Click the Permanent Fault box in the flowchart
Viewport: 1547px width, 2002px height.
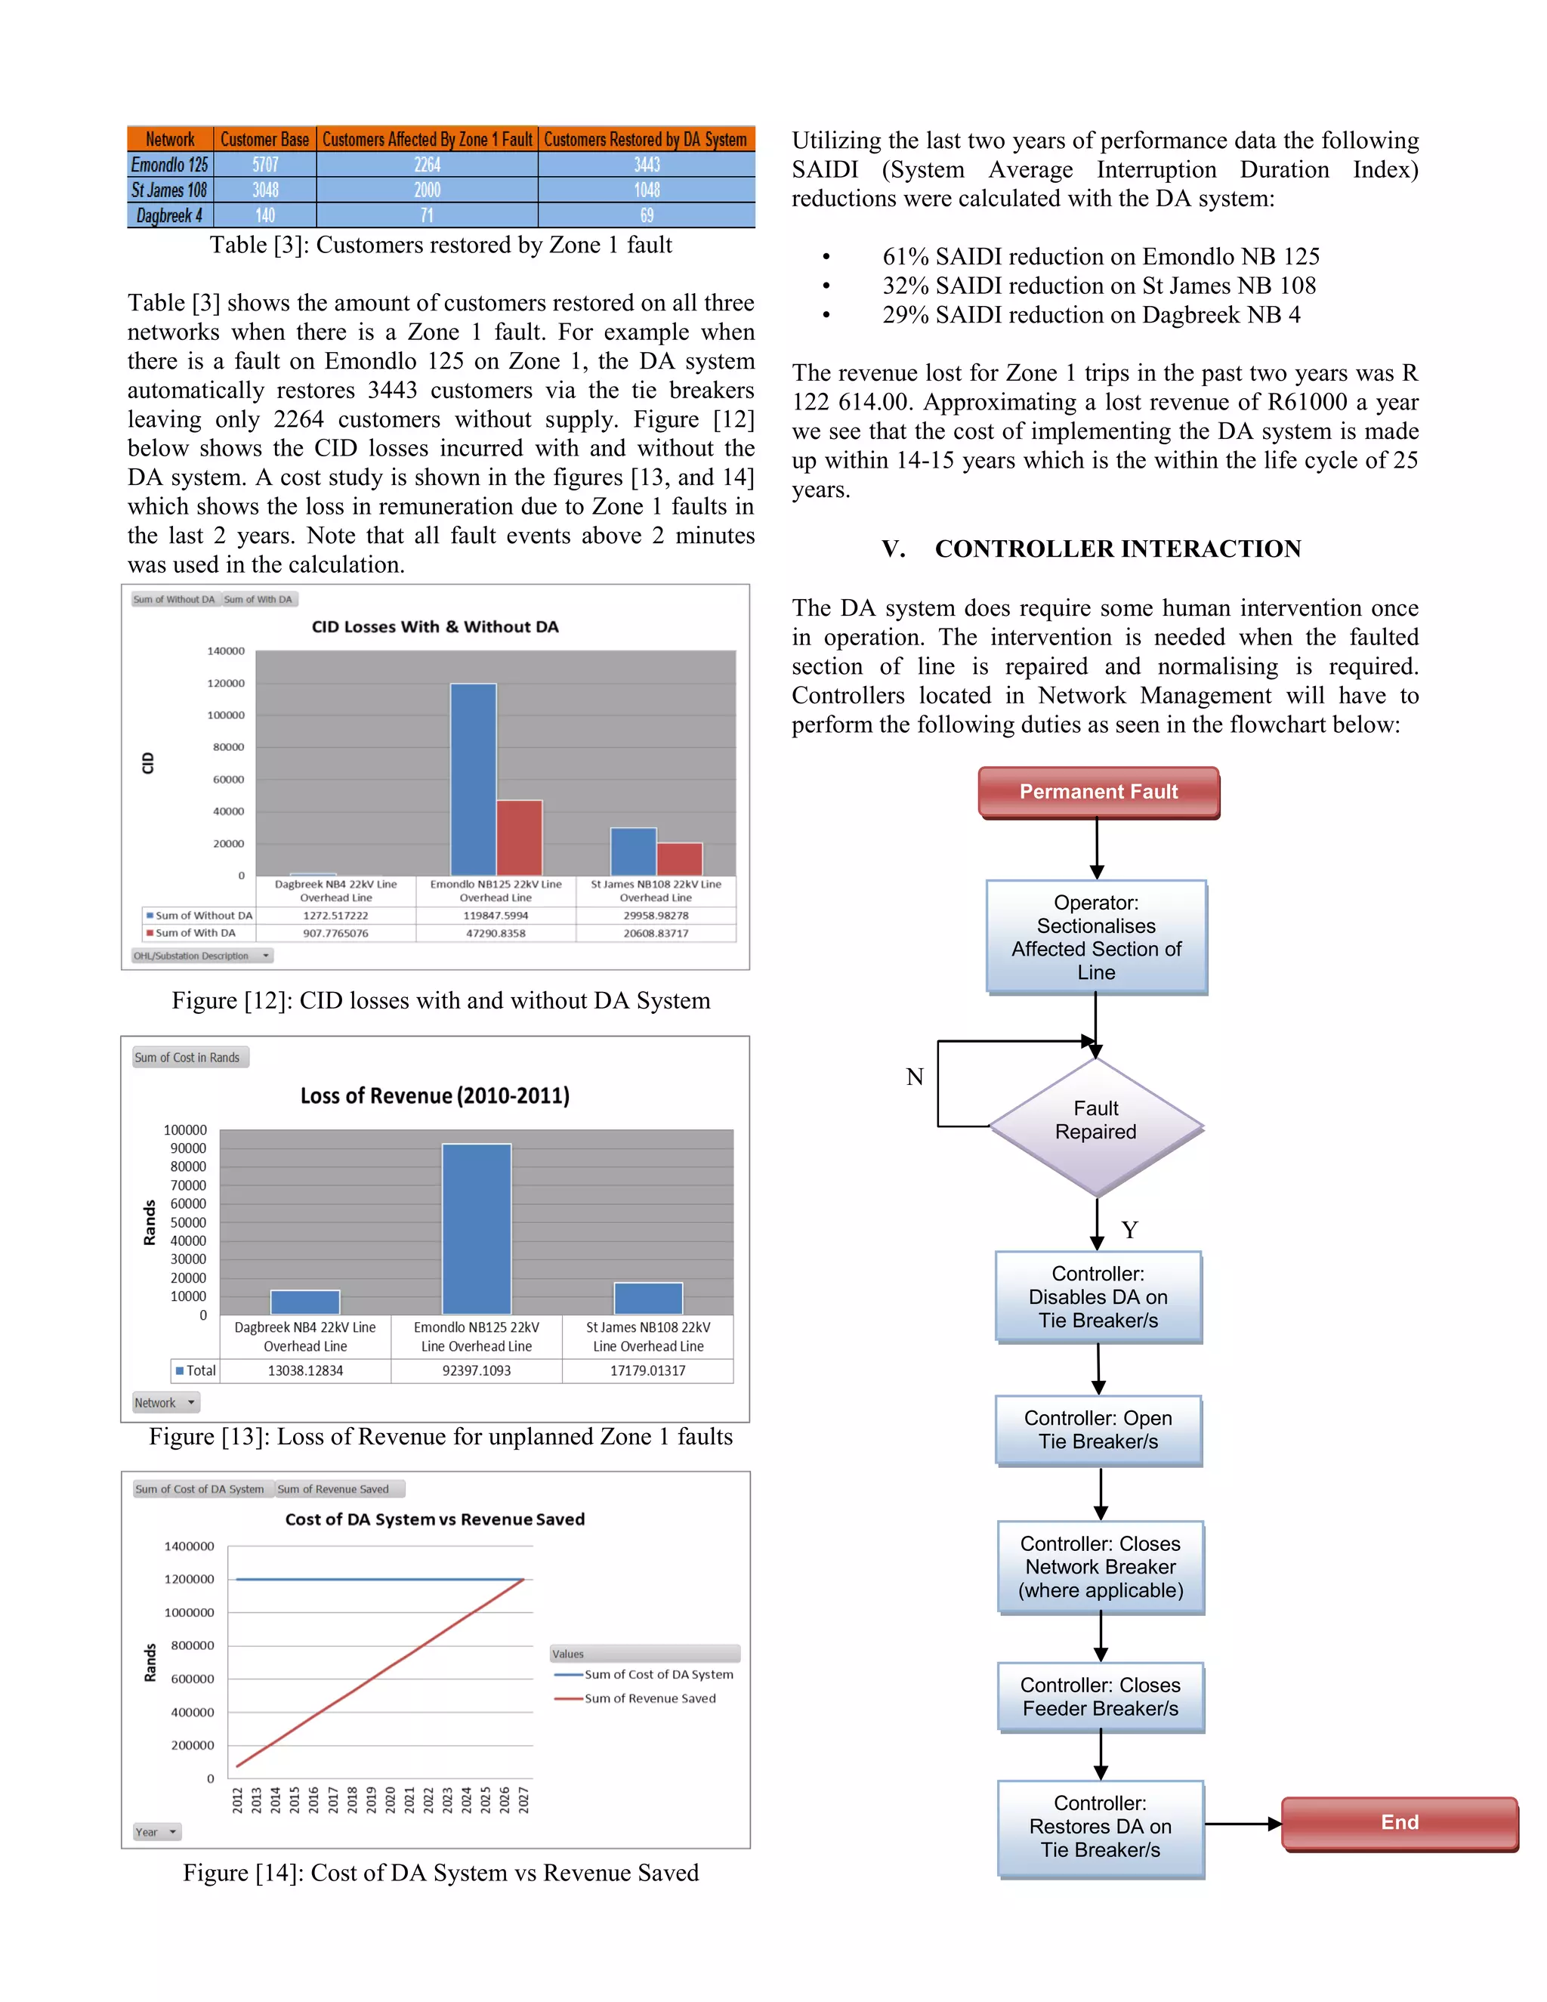click(x=1098, y=791)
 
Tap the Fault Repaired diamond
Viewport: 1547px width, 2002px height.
click(x=1095, y=1125)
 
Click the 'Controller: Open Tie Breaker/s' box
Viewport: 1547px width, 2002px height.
click(x=1098, y=1429)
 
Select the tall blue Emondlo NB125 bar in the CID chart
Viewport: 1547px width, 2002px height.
click(x=473, y=779)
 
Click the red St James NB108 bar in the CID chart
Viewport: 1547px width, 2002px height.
click(x=679, y=859)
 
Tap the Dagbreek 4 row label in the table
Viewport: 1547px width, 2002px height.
click(x=169, y=215)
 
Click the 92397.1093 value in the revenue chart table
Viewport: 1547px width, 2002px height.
click(x=477, y=1370)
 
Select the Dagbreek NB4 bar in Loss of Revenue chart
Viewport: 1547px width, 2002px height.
click(x=305, y=1302)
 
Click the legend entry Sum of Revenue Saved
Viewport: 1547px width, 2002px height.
click(x=650, y=1698)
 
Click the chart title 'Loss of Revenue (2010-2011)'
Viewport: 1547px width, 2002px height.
click(x=434, y=1095)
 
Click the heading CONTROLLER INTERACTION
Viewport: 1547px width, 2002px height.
click(x=1117, y=548)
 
